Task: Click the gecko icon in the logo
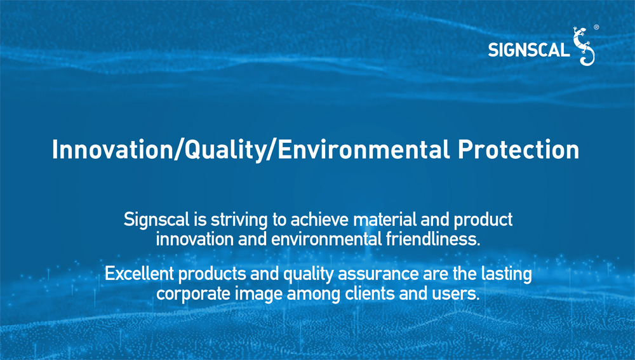click(x=584, y=46)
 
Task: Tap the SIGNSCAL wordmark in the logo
click(x=529, y=50)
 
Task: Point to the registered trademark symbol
click(x=596, y=27)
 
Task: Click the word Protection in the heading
click(x=518, y=149)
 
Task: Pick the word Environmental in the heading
click(x=364, y=149)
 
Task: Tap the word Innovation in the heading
click(x=112, y=149)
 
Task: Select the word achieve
click(x=319, y=220)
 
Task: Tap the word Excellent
click(x=139, y=274)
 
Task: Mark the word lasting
click(x=506, y=274)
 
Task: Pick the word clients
click(x=370, y=293)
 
